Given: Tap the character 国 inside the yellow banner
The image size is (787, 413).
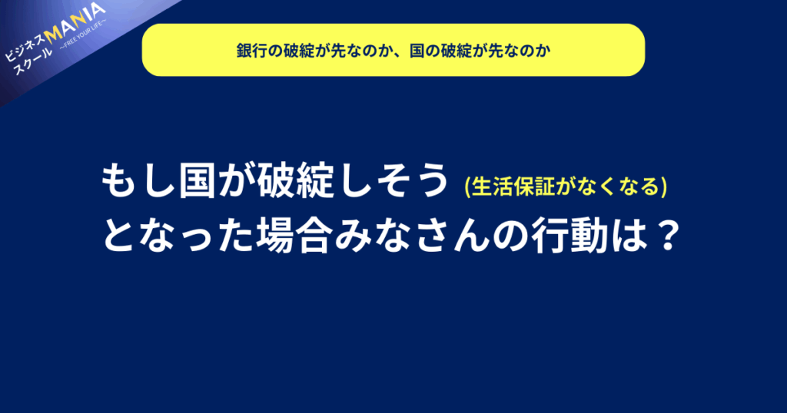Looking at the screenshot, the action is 417,51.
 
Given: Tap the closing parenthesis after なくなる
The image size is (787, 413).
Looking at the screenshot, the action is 664,187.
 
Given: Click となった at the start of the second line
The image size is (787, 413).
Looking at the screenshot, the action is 178,236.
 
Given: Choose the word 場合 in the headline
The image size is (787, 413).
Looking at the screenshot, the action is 294,236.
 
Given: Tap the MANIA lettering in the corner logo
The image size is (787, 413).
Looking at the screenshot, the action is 75,22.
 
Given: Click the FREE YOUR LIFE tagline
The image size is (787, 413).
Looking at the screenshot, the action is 83,36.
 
